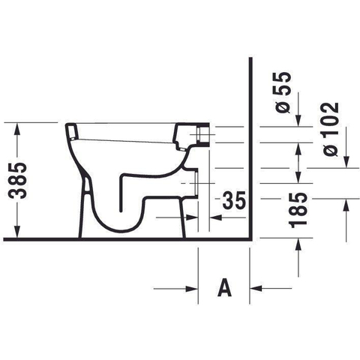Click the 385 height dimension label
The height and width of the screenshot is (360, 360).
[17, 181]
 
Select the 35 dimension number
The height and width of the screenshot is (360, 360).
[234, 200]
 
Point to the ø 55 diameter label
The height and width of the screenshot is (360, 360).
[282, 92]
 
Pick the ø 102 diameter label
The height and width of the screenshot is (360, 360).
[331, 129]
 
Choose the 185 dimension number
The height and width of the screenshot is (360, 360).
[298, 210]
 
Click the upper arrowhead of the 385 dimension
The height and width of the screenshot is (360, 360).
[17, 128]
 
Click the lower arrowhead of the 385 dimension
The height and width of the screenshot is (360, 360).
[17, 232]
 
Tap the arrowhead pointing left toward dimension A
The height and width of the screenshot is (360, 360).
[256, 288]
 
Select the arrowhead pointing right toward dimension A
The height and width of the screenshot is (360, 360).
[192, 289]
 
